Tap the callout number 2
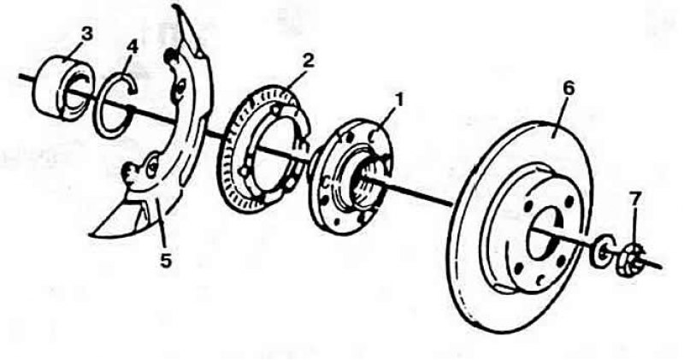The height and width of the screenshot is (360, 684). [x=307, y=61]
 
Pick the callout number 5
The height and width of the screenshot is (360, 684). [x=164, y=259]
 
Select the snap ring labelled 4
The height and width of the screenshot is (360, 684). [x=115, y=103]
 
